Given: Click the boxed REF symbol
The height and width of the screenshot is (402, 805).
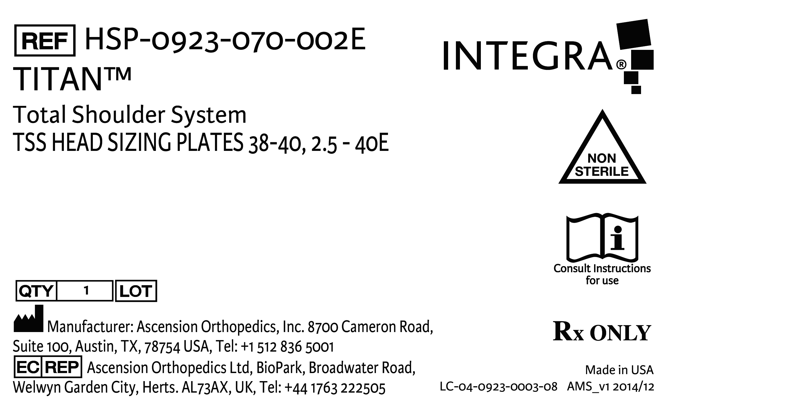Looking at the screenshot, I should (45, 40).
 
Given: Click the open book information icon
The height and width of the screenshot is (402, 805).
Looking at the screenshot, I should (602, 238).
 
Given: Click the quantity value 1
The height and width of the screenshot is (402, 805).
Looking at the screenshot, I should (86, 291).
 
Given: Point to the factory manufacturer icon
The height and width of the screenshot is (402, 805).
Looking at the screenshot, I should (28, 319).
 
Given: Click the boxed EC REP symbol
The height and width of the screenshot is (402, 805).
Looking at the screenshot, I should (48, 367).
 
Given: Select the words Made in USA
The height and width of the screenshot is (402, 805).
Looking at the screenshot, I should (619, 370).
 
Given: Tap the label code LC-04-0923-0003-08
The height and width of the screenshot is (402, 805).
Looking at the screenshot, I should (499, 387).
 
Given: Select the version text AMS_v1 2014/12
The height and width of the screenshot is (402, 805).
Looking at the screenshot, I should (610, 387).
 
